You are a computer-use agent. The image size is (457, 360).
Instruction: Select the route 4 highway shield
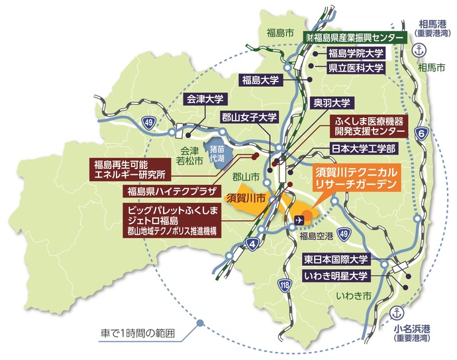(252, 243)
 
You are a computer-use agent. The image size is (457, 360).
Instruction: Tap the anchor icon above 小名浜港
(397, 312)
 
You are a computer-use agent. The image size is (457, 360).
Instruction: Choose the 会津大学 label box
(205, 99)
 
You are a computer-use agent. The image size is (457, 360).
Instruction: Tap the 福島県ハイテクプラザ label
(168, 192)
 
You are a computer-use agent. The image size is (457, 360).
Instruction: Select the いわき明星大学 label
(335, 274)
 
